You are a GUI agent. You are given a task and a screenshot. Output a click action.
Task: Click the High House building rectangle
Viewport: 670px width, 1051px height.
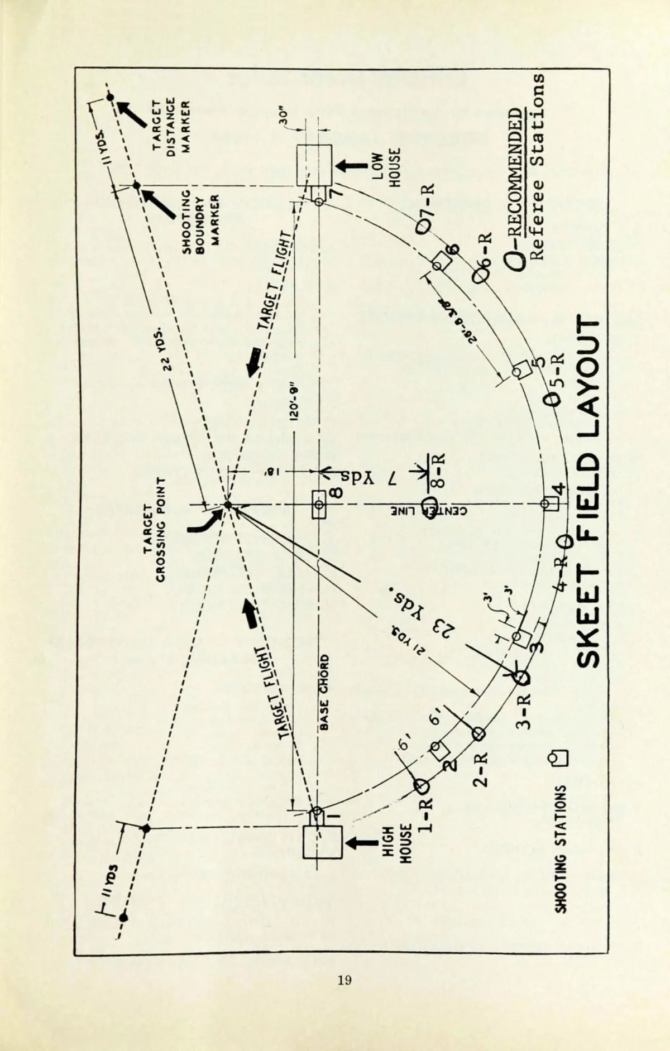pyautogui.click(x=322, y=842)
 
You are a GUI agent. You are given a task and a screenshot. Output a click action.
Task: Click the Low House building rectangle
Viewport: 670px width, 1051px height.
pyautogui.click(x=314, y=165)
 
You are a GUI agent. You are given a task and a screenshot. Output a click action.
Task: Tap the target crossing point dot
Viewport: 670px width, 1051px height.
pyautogui.click(x=227, y=505)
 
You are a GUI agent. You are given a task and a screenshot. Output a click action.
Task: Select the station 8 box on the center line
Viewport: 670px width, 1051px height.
pyautogui.click(x=319, y=505)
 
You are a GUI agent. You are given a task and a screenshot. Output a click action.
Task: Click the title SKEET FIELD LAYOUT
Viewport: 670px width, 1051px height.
pyautogui.click(x=587, y=491)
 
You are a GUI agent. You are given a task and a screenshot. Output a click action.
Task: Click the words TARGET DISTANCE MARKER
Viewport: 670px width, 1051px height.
pyautogui.click(x=171, y=125)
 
